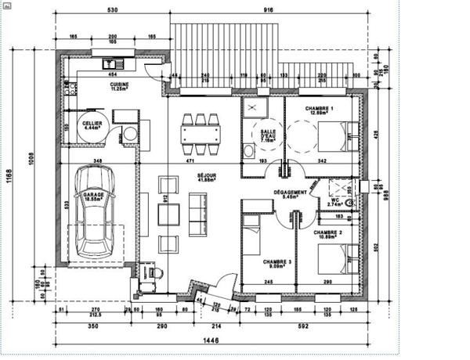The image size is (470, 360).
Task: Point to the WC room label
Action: (x=333, y=200)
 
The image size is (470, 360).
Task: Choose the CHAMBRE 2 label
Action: (x=328, y=233)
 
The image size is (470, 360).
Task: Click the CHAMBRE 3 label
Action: (x=277, y=263)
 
